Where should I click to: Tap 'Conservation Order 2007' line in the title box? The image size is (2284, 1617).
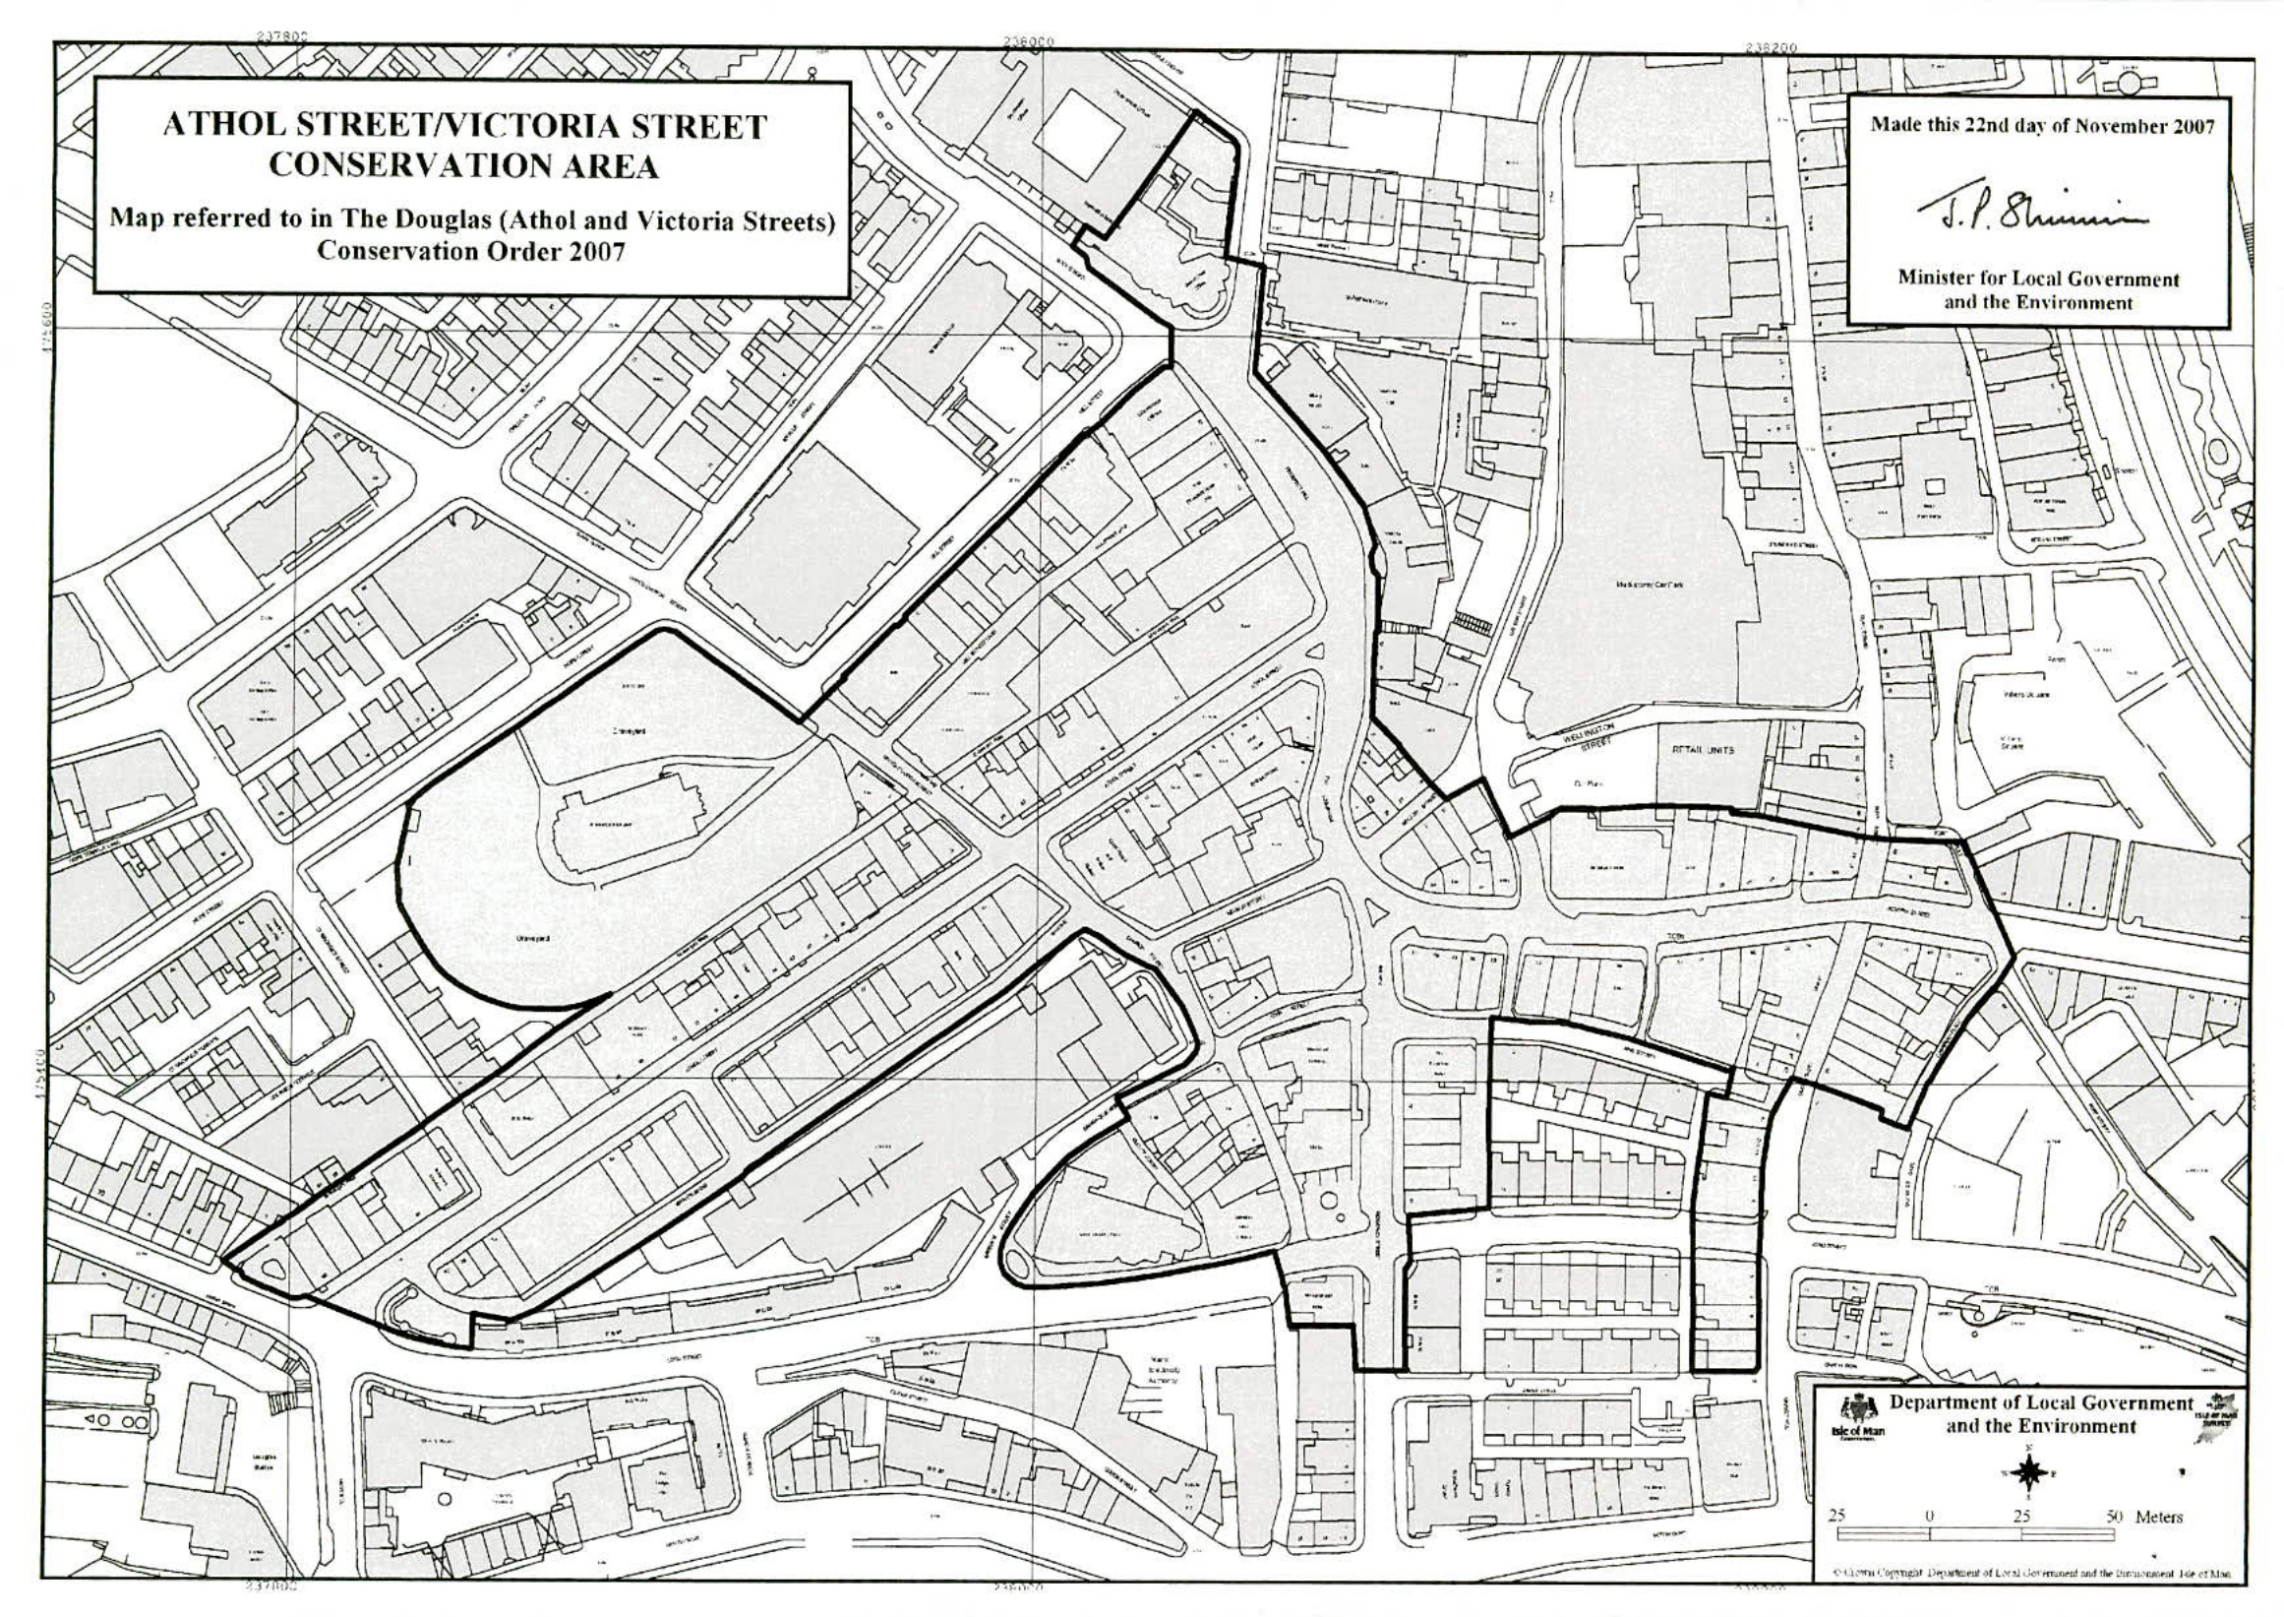471,250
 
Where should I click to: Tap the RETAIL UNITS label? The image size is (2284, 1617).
1706,749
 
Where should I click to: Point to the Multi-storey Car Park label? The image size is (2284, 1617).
1649,585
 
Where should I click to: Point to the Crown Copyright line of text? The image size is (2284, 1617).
2030,1573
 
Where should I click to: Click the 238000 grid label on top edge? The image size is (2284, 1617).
1028,41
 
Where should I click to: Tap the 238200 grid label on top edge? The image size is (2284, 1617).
1770,47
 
